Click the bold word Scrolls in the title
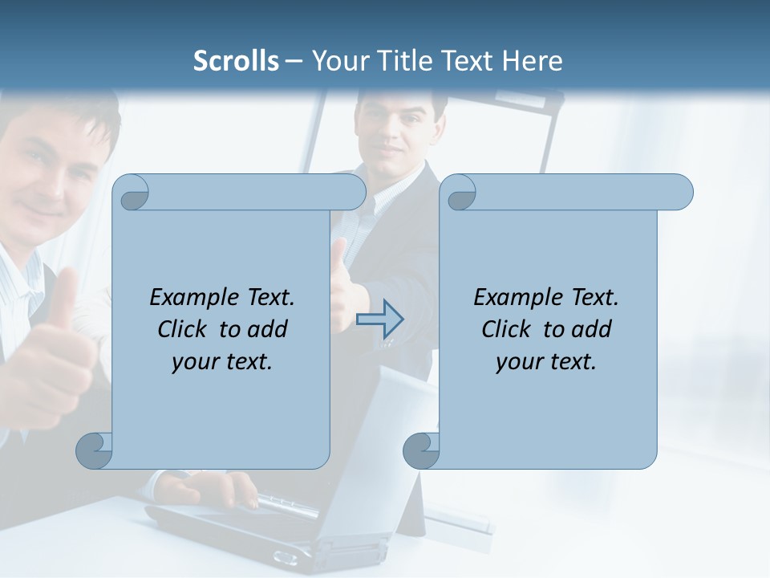pyautogui.click(x=236, y=60)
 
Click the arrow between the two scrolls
pyautogui.click(x=379, y=320)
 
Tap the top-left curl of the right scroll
pyautogui.click(x=460, y=193)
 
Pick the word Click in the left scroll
pyautogui.click(x=184, y=329)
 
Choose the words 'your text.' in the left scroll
pyautogui.click(x=222, y=361)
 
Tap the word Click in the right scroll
pyautogui.click(x=509, y=329)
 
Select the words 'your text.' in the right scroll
pyautogui.click(x=546, y=361)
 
